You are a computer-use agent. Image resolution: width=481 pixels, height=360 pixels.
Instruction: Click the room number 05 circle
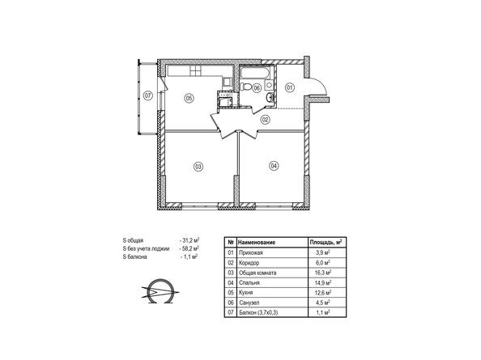[189, 98]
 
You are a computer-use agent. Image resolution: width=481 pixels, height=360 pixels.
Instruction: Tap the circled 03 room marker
[198, 167]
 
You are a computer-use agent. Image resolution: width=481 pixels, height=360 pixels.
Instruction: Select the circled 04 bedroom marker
[274, 166]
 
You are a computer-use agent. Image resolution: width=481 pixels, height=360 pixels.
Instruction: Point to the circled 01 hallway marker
[290, 88]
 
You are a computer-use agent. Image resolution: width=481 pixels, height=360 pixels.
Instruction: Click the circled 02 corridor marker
[265, 120]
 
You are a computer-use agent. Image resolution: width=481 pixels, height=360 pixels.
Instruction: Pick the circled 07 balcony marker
[148, 96]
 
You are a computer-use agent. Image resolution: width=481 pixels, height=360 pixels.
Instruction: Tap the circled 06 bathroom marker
[257, 88]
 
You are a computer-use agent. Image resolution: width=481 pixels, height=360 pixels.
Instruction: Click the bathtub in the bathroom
[256, 73]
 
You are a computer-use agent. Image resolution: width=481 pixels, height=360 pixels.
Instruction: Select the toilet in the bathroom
[245, 86]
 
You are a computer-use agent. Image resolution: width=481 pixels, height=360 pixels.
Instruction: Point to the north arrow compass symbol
[160, 291]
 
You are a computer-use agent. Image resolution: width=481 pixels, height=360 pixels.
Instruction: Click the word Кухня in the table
[245, 293]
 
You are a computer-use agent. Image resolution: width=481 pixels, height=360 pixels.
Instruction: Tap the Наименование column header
[257, 243]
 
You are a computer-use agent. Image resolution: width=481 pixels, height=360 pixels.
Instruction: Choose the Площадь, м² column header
[326, 243]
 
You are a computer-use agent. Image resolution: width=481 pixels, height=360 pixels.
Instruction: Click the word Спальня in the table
[249, 282]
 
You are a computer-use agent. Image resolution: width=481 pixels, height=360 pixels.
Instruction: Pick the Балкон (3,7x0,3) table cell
[258, 312]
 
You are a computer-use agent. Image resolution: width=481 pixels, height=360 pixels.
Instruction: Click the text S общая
[133, 240]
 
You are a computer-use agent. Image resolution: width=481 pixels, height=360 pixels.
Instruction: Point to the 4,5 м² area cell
[323, 303]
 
